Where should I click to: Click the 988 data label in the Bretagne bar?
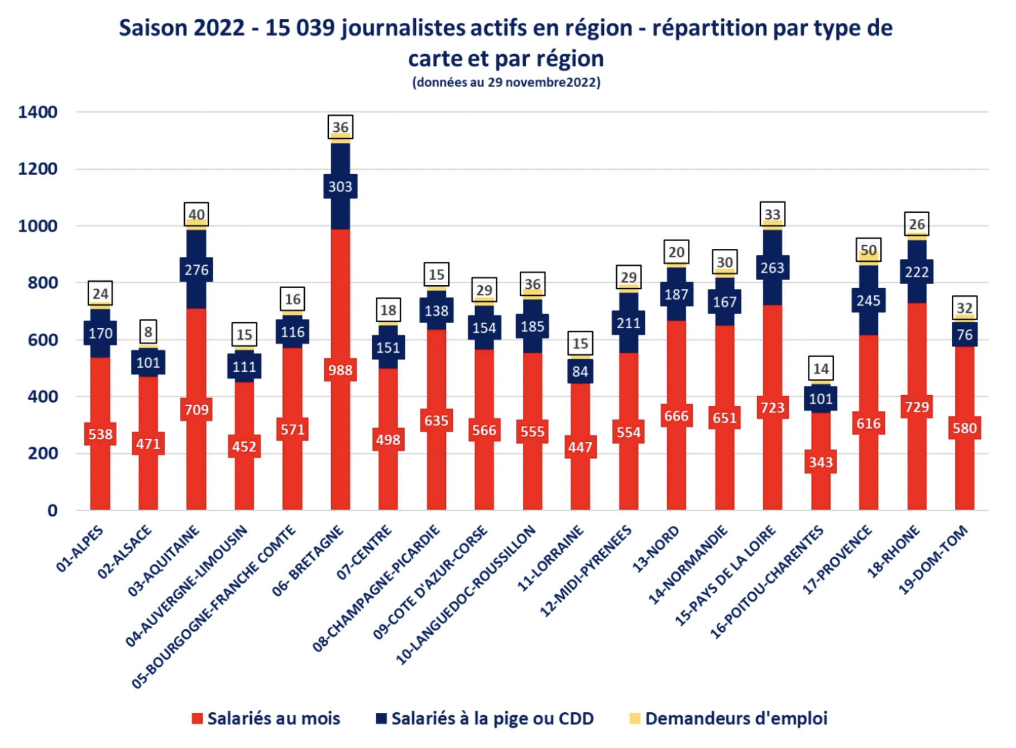(x=340, y=370)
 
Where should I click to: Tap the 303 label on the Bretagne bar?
(x=340, y=186)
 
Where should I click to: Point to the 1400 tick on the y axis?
(x=37, y=112)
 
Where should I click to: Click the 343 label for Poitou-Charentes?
(x=821, y=462)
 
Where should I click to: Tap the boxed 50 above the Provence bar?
(x=869, y=250)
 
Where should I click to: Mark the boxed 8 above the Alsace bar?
(x=148, y=332)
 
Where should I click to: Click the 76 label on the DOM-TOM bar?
(x=965, y=335)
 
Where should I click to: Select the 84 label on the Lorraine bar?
(x=580, y=372)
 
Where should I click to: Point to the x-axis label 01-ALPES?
(x=80, y=549)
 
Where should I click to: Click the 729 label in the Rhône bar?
(x=917, y=407)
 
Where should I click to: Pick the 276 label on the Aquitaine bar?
(x=197, y=270)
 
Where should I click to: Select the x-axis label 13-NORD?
(x=655, y=549)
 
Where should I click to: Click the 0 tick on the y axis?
(x=52, y=510)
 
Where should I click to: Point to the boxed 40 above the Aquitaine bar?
(x=197, y=215)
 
